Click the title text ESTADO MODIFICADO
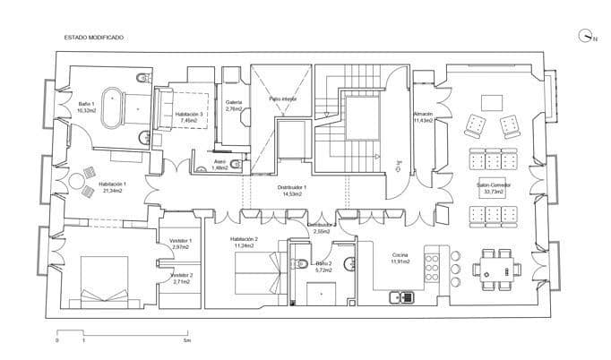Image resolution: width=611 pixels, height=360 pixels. point(93,38)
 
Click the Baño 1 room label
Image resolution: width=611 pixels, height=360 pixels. point(86,107)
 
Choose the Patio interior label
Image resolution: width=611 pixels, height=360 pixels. point(282,99)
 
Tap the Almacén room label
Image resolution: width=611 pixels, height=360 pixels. point(423,116)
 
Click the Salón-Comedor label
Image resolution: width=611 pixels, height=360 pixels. point(494,187)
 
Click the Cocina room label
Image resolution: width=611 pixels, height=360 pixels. point(400,258)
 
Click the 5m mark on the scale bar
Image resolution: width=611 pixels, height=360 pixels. point(186,341)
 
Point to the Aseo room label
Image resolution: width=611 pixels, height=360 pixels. point(219,166)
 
